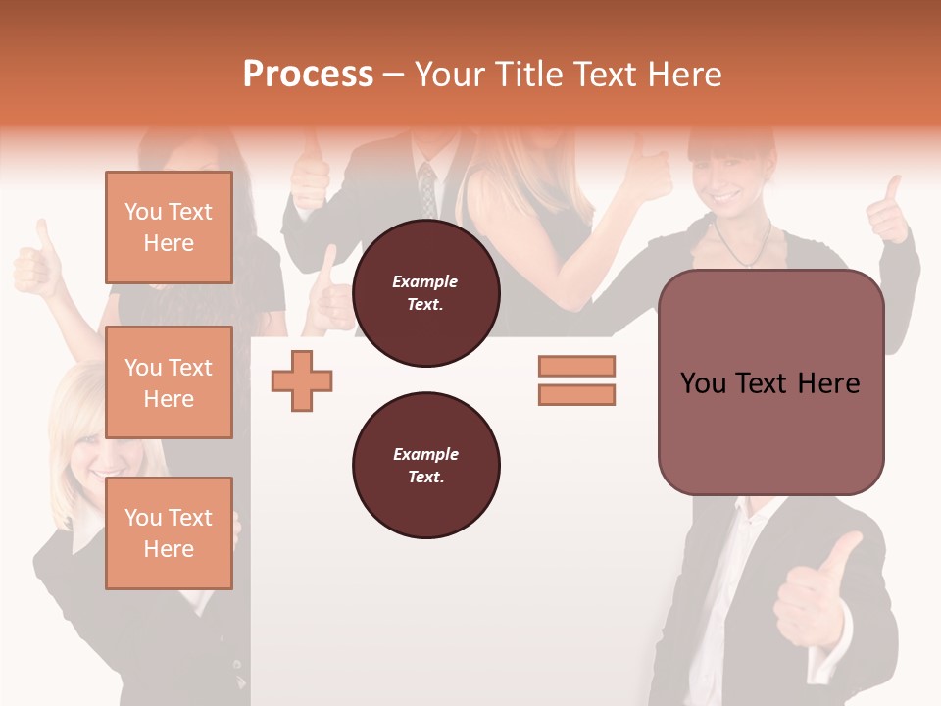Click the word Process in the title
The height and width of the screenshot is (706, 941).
point(308,75)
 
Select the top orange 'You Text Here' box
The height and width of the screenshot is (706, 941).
point(169,227)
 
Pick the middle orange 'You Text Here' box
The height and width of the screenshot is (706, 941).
point(169,382)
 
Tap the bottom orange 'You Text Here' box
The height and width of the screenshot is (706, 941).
point(169,533)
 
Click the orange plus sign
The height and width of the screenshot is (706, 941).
point(302,380)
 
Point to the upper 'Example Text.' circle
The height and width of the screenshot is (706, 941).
point(425,293)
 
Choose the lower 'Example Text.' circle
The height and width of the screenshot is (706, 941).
point(425,466)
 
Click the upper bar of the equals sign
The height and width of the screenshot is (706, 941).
point(576,366)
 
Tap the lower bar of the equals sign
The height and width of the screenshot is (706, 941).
point(576,394)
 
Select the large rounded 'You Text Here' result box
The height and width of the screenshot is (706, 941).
point(770,382)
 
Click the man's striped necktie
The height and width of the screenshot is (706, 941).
point(427,188)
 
